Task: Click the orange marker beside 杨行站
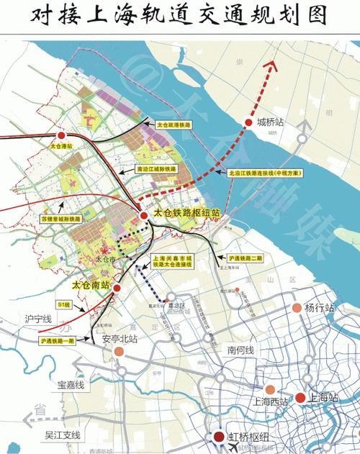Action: point(297,308)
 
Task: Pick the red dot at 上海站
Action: point(300,397)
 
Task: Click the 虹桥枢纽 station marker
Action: point(218,436)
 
